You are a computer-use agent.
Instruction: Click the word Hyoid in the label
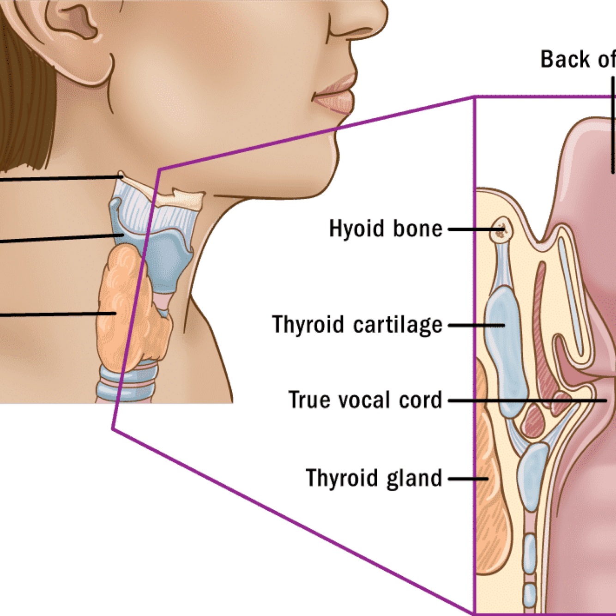[356, 229]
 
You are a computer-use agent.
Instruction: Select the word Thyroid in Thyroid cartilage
[308, 324]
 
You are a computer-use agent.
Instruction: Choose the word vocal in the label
[365, 400]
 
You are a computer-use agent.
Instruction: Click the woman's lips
[336, 93]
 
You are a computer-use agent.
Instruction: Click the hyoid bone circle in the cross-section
[500, 229]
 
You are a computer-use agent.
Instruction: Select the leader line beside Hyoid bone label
[471, 229]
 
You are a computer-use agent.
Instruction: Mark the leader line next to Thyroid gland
[467, 479]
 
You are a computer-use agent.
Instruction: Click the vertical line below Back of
[613, 125]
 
